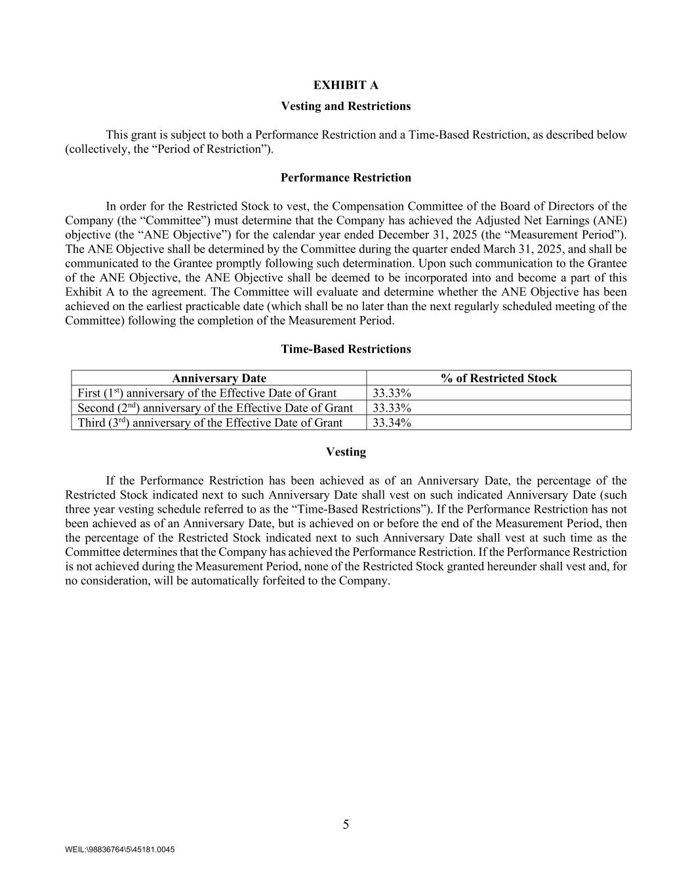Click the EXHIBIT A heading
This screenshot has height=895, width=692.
pos(346,85)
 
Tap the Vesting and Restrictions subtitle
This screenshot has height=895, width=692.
pos(346,106)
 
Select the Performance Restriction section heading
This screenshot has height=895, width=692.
pos(346,178)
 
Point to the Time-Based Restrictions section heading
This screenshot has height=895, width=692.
pos(346,349)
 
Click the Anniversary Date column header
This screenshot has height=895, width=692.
pos(219,378)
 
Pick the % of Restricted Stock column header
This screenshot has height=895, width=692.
pos(499,378)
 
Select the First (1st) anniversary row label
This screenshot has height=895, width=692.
pos(207,393)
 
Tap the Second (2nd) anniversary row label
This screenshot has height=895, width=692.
pos(215,408)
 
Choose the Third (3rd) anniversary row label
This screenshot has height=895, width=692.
pos(210,423)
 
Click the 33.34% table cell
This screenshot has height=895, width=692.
pos(392,423)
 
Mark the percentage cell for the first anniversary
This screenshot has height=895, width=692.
pos(392,393)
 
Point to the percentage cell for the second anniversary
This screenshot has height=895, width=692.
pos(392,408)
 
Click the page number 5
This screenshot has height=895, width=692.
pos(346,825)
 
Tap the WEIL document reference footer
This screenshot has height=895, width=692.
pos(120,850)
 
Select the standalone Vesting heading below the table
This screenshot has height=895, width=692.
pos(346,452)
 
